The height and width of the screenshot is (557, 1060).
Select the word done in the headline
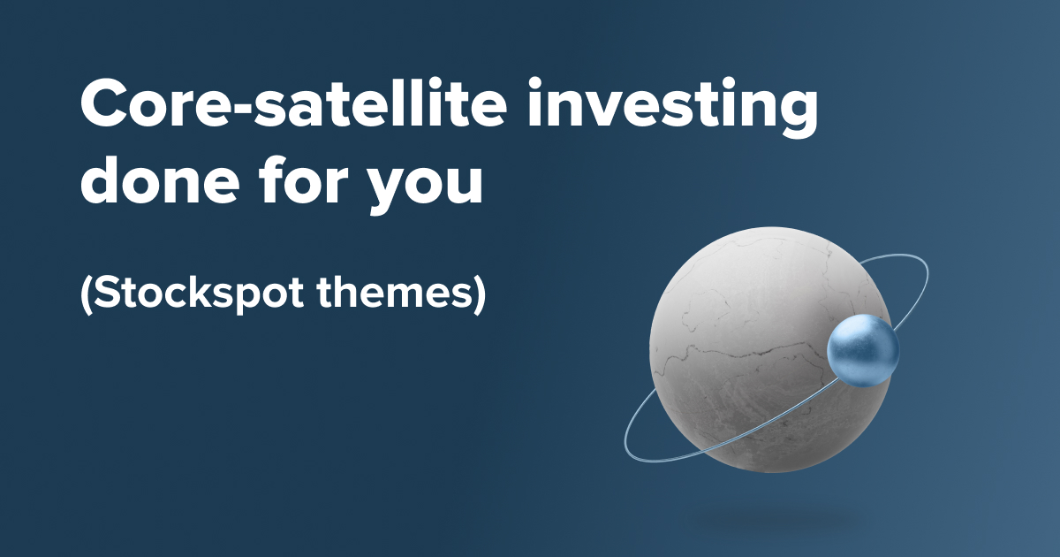tap(157, 181)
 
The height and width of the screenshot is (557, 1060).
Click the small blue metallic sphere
tap(863, 351)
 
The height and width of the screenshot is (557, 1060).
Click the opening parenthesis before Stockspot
tap(86, 294)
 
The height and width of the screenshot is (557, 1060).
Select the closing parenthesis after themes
tap(480, 294)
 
